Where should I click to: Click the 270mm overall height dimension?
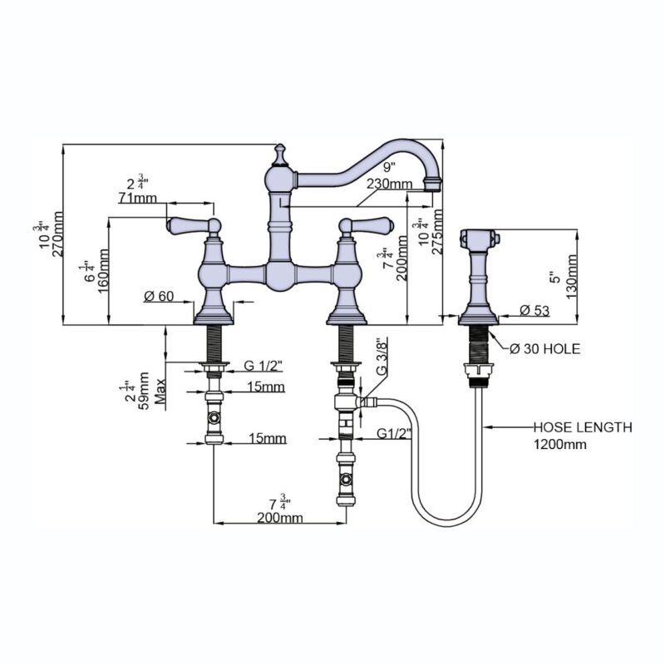[57, 234]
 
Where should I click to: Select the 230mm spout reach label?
[389, 184]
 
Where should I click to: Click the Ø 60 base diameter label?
[159, 296]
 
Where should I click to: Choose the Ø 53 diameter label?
[534, 310]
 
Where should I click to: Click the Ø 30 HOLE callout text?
[544, 349]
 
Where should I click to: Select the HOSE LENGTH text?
[583, 427]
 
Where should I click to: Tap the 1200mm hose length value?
[559, 445]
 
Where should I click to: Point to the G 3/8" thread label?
[382, 357]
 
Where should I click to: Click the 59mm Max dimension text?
[152, 390]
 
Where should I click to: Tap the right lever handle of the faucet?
[367, 226]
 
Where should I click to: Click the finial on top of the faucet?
[279, 155]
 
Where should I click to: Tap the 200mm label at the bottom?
[280, 517]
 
